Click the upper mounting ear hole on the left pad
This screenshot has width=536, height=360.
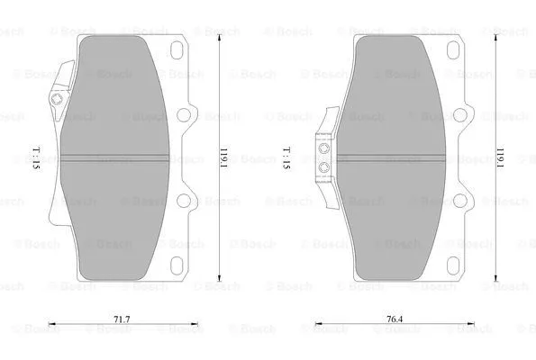188,114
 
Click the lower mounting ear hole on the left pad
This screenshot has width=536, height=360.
188,202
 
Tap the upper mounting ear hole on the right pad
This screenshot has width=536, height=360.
465,114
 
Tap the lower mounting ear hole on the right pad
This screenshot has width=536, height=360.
465,202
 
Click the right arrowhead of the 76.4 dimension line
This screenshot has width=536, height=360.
476,326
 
